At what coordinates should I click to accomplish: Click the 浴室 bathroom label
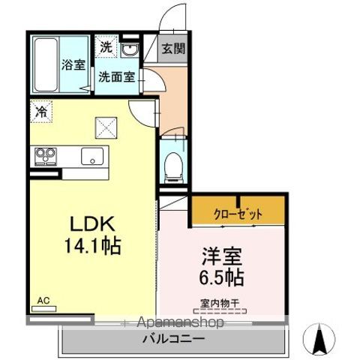pos(73,65)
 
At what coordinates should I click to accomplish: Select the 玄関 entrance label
pos(172,49)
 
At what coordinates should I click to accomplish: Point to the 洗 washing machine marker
pos(106,47)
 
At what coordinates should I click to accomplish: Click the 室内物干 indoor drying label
pos(220,304)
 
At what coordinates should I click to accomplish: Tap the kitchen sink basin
pos(93,156)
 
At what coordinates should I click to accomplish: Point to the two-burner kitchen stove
pos(45,156)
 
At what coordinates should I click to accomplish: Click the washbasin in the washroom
pos(129,49)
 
